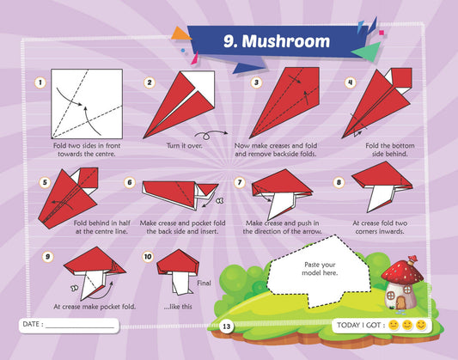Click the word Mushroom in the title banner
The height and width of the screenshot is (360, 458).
(x=286, y=41)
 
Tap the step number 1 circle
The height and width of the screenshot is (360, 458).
(x=40, y=82)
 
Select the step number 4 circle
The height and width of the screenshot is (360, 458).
(x=351, y=82)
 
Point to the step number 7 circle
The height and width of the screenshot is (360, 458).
(x=240, y=182)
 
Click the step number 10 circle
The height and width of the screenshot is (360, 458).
(x=148, y=257)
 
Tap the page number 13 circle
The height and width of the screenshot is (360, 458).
(x=226, y=326)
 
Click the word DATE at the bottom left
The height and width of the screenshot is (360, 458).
(x=31, y=324)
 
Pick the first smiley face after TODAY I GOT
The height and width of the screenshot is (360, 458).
(x=394, y=325)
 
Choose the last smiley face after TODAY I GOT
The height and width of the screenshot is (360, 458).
(x=421, y=325)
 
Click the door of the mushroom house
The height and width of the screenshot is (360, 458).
(x=401, y=302)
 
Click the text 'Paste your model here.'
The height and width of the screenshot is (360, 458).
(x=320, y=269)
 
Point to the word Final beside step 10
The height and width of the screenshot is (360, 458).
(x=204, y=283)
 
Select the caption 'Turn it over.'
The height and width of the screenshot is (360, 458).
(x=184, y=145)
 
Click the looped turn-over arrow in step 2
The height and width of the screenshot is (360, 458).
(x=211, y=135)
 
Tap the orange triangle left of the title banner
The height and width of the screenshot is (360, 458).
(x=180, y=34)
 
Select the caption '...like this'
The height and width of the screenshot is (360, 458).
(x=178, y=307)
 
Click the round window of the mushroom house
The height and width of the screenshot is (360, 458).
(x=390, y=296)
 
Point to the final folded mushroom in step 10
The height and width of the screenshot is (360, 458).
(x=178, y=272)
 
